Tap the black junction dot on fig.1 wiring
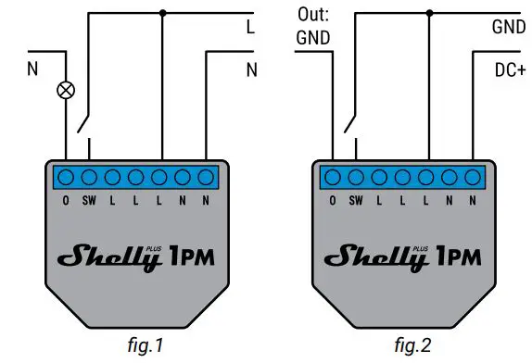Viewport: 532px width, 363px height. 162,13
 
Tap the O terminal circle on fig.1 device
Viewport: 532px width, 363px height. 68,176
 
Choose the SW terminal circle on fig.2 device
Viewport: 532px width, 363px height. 355,176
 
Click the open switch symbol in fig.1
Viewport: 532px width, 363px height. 84,119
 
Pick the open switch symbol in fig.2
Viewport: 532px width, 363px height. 351,119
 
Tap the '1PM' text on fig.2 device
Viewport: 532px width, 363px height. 458,255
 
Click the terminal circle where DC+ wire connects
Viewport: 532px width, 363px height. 472,176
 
